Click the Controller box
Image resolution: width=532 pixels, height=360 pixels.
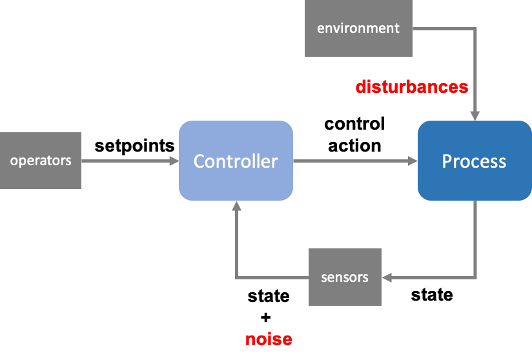pos(236,161)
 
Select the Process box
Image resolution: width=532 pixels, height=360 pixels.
pos(475,161)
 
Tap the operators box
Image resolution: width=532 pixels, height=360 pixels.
pos(41,161)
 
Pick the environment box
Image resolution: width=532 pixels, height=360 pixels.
pos(358,28)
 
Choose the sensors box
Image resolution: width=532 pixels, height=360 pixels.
pos(345,277)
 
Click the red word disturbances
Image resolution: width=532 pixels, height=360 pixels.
pos(411,87)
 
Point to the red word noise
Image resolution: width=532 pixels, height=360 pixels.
pos(269,339)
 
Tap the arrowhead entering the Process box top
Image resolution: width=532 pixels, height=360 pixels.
pos(475,116)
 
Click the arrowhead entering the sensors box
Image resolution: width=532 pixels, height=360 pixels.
pos(387,277)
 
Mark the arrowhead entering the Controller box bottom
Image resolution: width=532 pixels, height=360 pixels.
pos(236,206)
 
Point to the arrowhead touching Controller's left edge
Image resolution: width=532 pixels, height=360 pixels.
pos(174,161)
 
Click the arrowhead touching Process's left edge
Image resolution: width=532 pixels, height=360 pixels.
pos(413,161)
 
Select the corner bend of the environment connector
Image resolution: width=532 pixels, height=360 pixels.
pos(475,28)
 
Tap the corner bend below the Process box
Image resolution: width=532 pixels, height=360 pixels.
pos(476,277)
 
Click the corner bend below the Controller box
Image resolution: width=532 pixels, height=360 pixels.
pos(236,277)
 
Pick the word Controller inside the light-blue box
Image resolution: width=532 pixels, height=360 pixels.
pos(236,161)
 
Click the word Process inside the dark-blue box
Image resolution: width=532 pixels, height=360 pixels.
pos(475,161)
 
